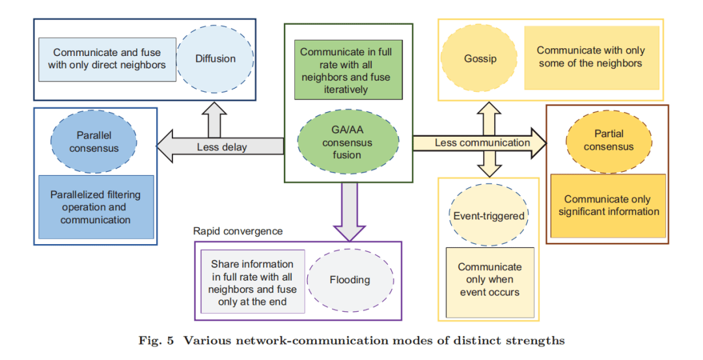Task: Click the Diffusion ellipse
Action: (215, 59)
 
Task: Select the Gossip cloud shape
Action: (480, 59)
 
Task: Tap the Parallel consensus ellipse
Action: (94, 141)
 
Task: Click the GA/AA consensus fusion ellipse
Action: (348, 141)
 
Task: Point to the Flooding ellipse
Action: (349, 280)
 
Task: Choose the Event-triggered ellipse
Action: (489, 215)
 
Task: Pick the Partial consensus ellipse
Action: (608, 140)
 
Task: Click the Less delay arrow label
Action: (222, 147)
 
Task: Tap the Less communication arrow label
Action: (482, 143)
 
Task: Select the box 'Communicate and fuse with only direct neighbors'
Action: (107, 59)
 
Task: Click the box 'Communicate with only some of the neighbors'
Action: (591, 57)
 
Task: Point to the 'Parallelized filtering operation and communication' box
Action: (95, 207)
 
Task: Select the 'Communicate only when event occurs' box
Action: (489, 280)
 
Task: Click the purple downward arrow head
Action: (349, 230)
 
